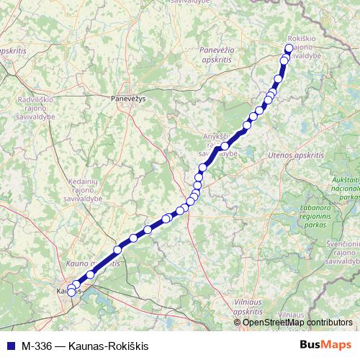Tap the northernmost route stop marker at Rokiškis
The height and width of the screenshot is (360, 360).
(289, 48)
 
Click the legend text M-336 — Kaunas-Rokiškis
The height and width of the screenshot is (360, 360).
(85, 346)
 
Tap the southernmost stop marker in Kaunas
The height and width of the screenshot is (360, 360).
(71, 292)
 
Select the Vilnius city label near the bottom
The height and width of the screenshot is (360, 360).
(292, 315)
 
